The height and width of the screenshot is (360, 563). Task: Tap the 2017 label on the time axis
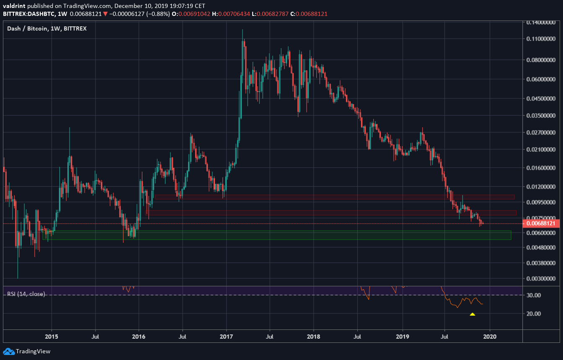227,336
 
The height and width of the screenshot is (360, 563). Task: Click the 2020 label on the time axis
490,336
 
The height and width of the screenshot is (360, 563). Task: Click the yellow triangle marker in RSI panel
473,314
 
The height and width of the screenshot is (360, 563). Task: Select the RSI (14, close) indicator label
26,294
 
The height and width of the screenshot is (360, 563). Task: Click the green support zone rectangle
276,235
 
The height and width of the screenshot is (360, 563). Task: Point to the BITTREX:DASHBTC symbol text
27,14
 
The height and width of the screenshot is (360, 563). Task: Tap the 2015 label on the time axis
52,336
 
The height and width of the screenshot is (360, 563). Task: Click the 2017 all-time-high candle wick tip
243,30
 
